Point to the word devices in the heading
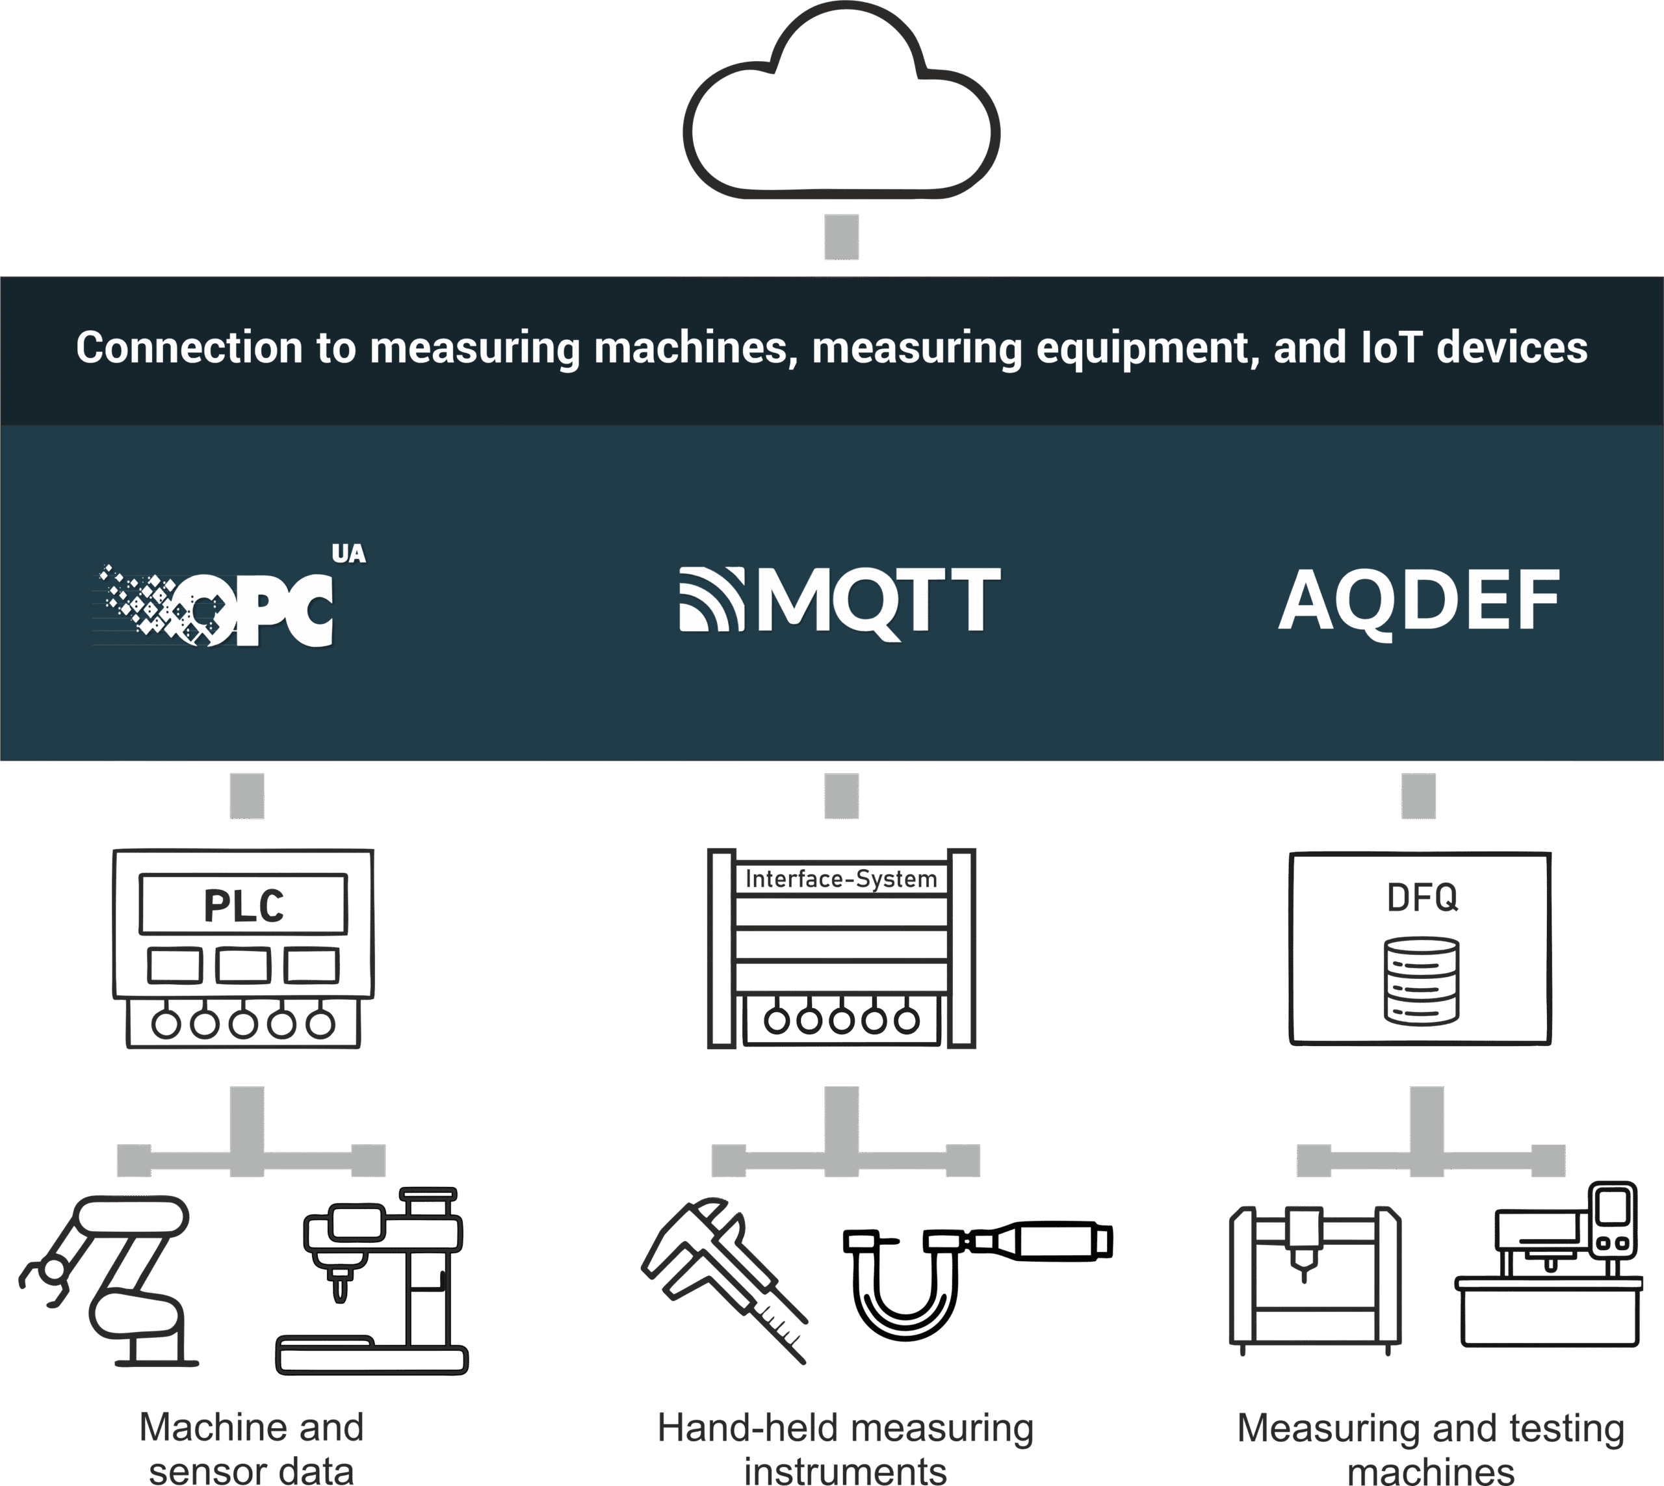[1511, 348]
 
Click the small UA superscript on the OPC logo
[348, 554]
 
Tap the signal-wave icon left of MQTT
[711, 599]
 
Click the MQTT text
[879, 601]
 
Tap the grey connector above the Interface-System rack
[841, 796]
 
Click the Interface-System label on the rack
[842, 880]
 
